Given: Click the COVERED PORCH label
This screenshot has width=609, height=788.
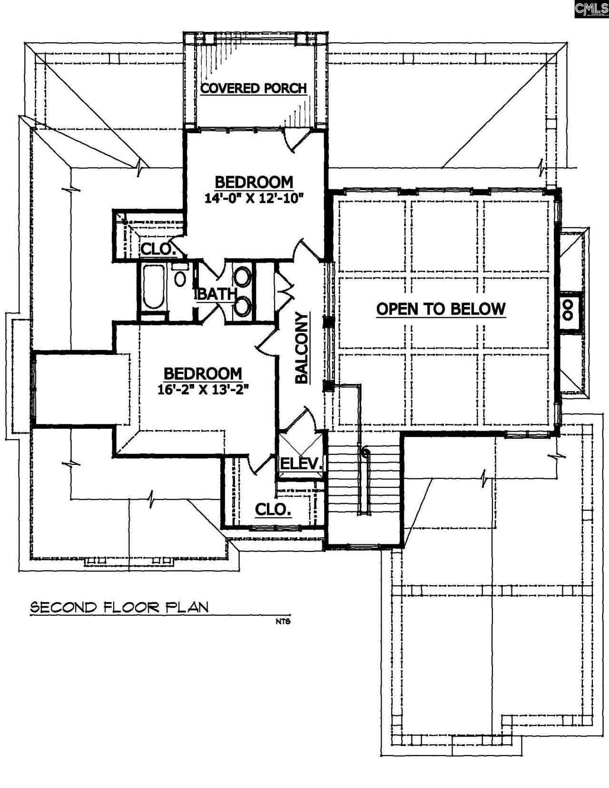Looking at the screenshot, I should tap(253, 89).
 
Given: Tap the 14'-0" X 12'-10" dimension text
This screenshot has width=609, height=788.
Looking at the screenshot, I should tap(254, 198).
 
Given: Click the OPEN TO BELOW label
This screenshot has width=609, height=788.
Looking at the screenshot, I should tap(441, 309).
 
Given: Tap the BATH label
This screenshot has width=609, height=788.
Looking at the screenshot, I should tap(216, 295).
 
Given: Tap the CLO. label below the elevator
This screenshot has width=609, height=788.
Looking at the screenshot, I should tap(273, 509).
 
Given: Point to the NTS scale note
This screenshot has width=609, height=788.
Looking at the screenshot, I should tap(282, 621).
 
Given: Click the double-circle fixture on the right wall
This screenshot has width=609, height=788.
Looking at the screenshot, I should tap(568, 310).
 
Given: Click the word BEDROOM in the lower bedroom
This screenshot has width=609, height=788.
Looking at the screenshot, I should tap(203, 373).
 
